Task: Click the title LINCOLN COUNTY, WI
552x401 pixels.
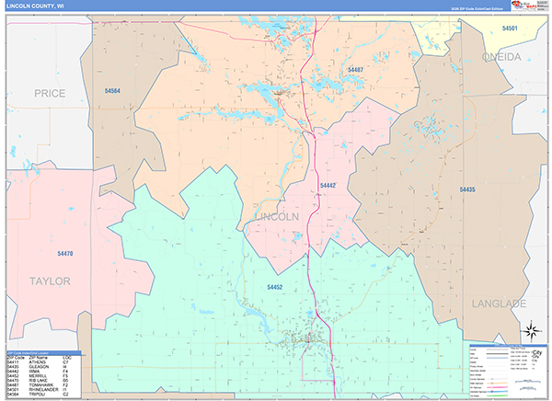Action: [35, 6]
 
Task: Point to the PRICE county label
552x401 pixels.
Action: [49, 94]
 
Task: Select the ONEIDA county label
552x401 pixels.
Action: [498, 57]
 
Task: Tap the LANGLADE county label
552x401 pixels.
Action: [499, 303]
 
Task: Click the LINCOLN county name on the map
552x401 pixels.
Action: [275, 217]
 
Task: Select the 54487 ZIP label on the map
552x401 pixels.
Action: [355, 70]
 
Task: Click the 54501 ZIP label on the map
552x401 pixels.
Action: [510, 29]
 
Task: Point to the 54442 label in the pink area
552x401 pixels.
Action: [328, 186]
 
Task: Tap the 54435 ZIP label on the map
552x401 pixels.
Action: [467, 189]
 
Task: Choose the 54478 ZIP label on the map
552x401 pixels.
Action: [64, 253]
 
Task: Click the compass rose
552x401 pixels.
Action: [530, 331]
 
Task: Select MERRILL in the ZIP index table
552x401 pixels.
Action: [39, 375]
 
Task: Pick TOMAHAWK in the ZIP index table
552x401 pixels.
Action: [40, 384]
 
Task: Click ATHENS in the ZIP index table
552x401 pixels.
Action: [37, 361]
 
